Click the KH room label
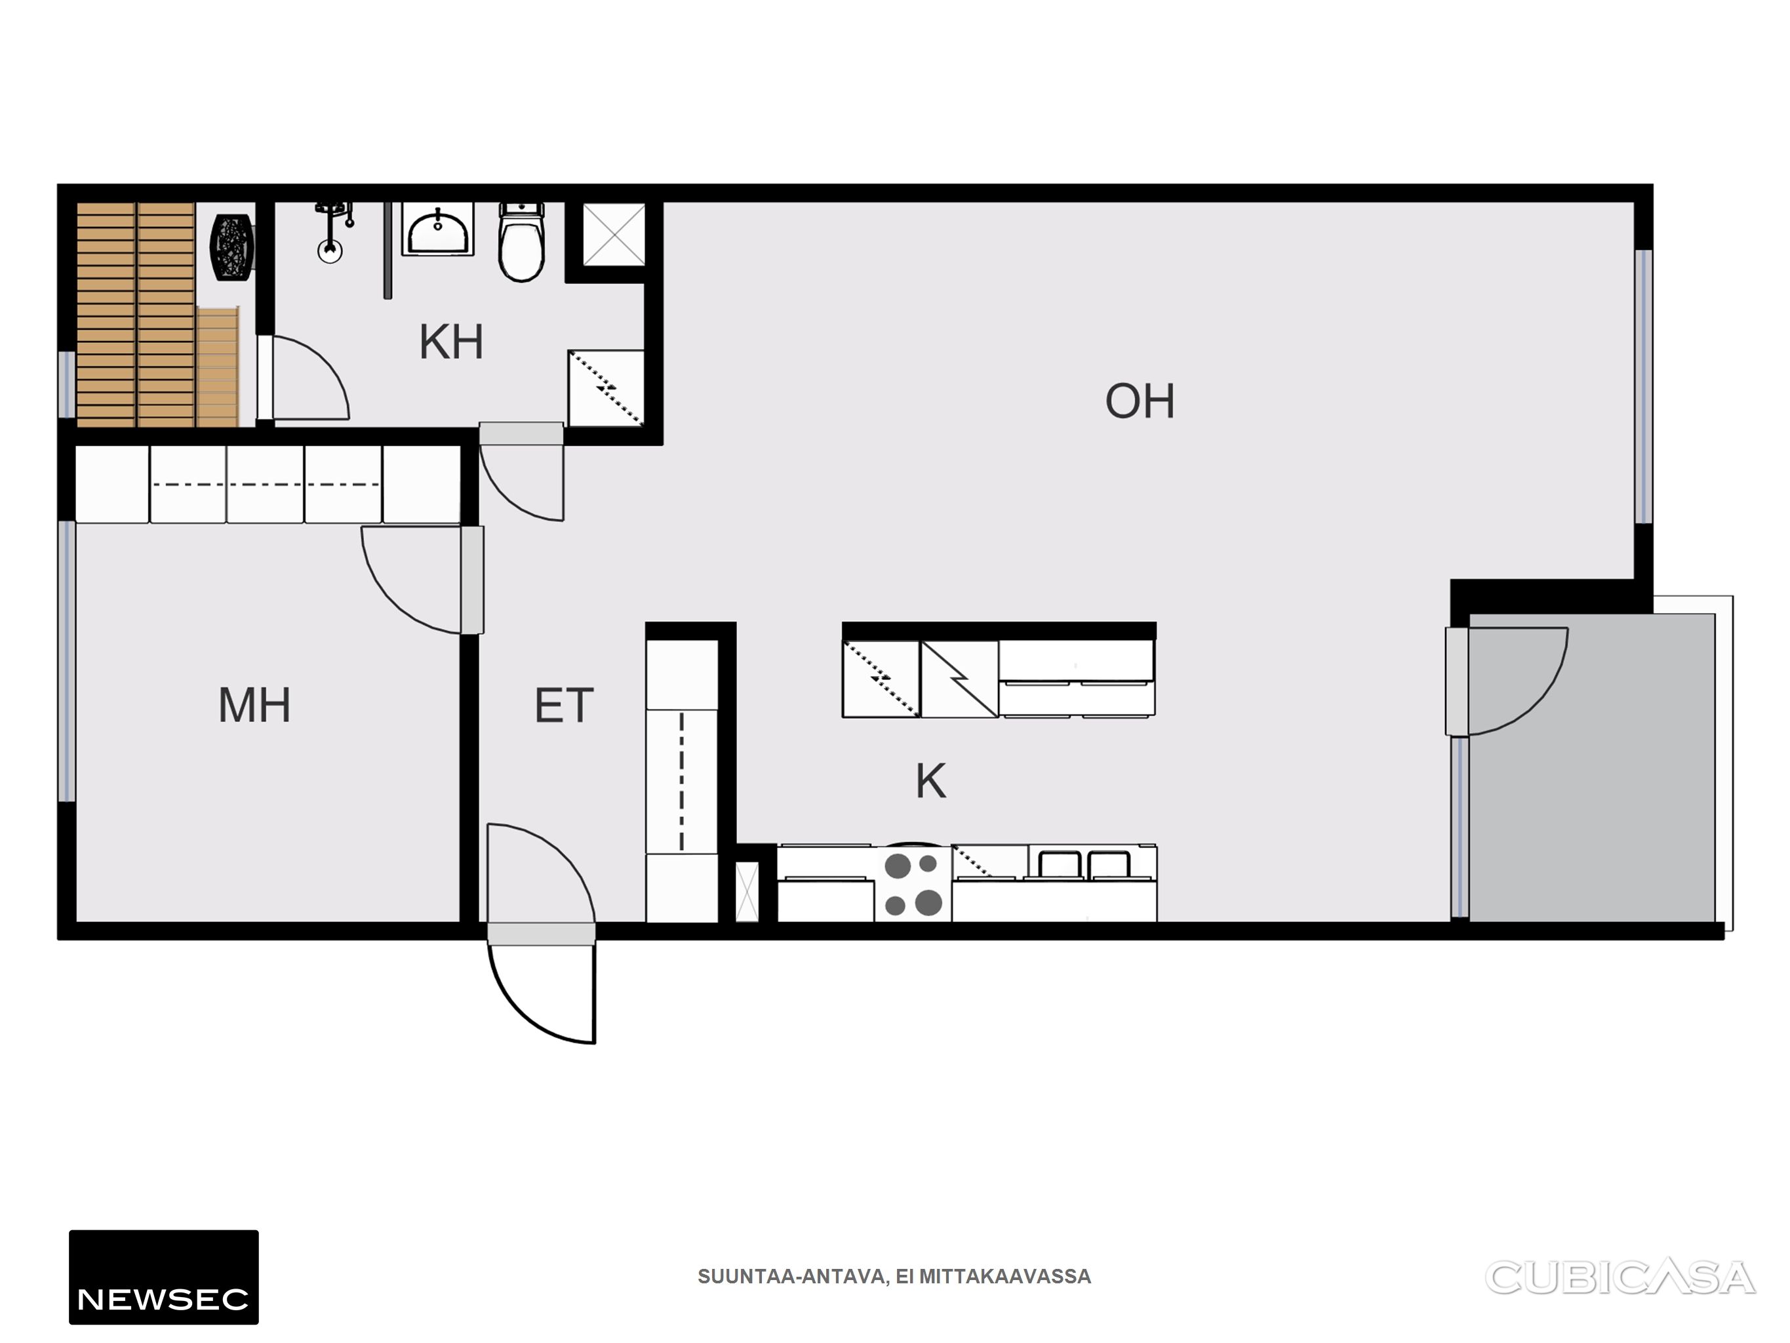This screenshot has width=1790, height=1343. coord(450,342)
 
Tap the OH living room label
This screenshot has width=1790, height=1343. coord(1140,401)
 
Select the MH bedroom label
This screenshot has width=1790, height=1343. coord(254,705)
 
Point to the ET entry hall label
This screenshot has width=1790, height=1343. coord(564,705)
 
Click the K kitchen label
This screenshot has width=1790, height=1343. coord(930,781)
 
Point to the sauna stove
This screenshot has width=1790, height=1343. coord(232,248)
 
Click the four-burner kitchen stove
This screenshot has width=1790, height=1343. coord(913,883)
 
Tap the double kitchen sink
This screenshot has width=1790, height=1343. coord(1084,864)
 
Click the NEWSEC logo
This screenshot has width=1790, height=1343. coord(163,1277)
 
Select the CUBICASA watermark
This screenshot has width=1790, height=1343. coord(1620,1277)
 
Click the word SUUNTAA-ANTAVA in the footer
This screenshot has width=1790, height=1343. coord(792,1277)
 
